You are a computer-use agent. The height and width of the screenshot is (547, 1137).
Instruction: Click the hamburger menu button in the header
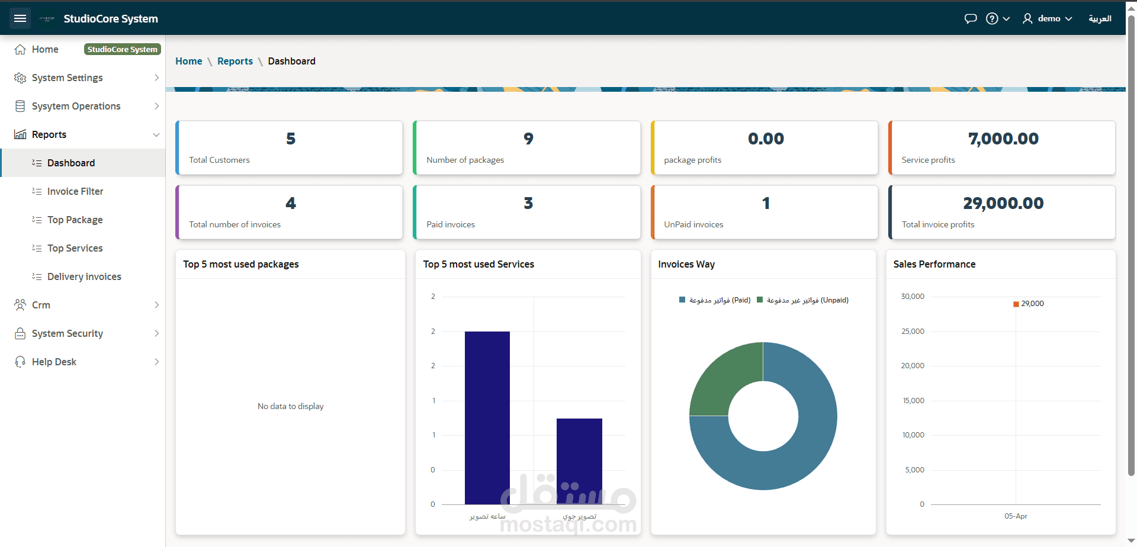pyautogui.click(x=20, y=18)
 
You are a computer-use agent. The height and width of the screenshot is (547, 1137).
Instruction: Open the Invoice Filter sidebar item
pyautogui.click(x=75, y=191)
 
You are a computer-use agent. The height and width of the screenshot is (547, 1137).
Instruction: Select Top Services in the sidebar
pyautogui.click(x=75, y=248)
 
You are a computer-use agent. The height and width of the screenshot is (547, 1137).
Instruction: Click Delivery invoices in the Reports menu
pyautogui.click(x=84, y=276)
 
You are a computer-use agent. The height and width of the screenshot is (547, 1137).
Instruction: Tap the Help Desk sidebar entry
pyautogui.click(x=54, y=362)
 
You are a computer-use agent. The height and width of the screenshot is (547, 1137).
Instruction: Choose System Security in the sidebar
pyautogui.click(x=68, y=333)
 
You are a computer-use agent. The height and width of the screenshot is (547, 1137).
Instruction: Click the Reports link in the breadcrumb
pyautogui.click(x=235, y=61)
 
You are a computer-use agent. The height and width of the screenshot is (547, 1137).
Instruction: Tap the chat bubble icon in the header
pyautogui.click(x=971, y=18)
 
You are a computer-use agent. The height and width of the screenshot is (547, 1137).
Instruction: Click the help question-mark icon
pyautogui.click(x=992, y=18)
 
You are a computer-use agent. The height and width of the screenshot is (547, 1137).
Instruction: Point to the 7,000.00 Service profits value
pyautogui.click(x=1003, y=139)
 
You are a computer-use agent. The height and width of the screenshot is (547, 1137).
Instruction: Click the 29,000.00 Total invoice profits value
pyautogui.click(x=1003, y=203)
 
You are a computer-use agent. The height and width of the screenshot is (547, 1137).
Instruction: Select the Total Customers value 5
pyautogui.click(x=291, y=139)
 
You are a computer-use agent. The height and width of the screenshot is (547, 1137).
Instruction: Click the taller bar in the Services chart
pyautogui.click(x=487, y=418)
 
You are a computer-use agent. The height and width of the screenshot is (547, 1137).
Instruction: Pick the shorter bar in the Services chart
pyautogui.click(x=579, y=461)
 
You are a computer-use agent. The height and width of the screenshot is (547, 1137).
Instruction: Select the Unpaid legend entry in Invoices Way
pyautogui.click(x=802, y=300)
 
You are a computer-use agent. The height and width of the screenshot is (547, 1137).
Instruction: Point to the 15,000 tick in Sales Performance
pyautogui.click(x=913, y=401)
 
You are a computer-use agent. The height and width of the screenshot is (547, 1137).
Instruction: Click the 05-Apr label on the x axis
pyautogui.click(x=1016, y=516)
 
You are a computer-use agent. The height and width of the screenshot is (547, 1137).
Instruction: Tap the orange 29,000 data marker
pyautogui.click(x=1016, y=304)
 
